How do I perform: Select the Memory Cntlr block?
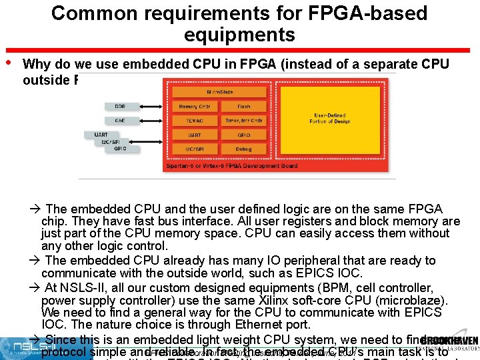click(x=194, y=107)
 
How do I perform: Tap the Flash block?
click(x=243, y=107)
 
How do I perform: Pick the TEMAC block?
click(x=194, y=121)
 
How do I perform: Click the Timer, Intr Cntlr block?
click(x=243, y=121)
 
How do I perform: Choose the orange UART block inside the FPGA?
click(x=194, y=135)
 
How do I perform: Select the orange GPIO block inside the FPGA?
click(x=243, y=135)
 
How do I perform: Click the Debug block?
click(x=243, y=149)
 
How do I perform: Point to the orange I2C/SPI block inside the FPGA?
click(x=194, y=149)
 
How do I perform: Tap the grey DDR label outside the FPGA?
click(x=119, y=107)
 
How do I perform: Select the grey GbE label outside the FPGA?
click(x=119, y=121)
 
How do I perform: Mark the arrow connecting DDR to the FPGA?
click(x=151, y=107)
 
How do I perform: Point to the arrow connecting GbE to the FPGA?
click(x=151, y=121)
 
